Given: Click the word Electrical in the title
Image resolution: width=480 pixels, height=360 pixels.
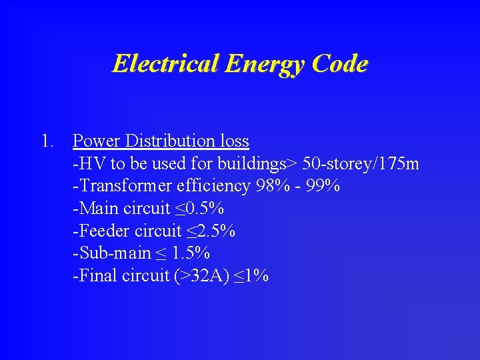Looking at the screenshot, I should (166, 64).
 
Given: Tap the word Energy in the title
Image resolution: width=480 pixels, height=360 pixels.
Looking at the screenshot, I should (266, 64).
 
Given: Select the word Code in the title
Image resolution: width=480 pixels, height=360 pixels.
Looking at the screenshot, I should (339, 64).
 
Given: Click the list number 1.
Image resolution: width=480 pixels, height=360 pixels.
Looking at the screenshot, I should (46, 141).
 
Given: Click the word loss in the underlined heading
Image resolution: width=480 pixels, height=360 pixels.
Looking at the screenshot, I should (234, 141).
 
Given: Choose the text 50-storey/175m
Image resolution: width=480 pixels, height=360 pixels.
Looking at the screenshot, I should (361, 163).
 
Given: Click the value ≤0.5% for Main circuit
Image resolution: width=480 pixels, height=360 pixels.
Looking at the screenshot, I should (199, 209).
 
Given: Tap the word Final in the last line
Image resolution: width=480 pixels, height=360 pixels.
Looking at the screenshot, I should (98, 276).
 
